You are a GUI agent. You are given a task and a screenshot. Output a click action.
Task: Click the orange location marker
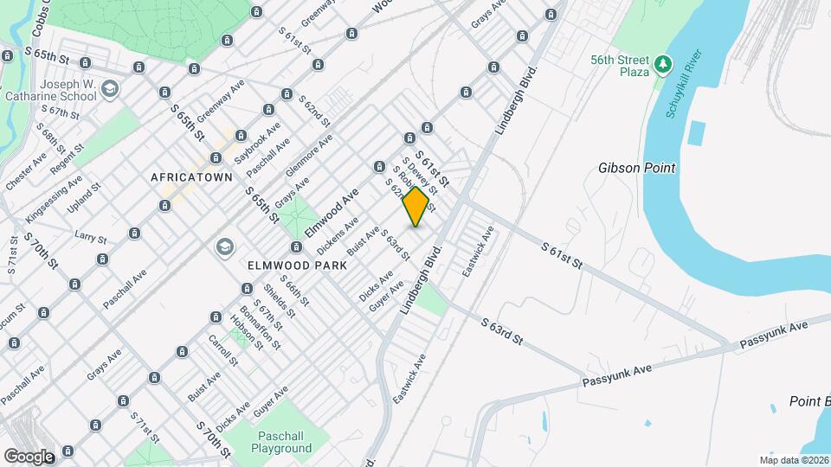pos(415,207)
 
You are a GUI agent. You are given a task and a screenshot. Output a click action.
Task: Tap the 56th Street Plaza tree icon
pos(663,63)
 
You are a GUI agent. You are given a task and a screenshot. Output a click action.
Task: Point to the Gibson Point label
pos(636,167)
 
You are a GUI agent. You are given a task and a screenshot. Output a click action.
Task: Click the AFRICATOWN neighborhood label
pos(191,177)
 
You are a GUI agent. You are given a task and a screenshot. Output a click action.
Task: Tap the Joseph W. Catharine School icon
pos(110,88)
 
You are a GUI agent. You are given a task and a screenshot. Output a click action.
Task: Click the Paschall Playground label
pos(281,442)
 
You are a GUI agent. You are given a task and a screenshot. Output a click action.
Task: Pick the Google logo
pos(29,456)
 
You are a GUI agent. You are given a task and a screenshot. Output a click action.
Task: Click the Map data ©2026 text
pos(793,459)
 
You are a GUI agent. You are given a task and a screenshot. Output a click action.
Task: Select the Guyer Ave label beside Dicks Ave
pos(387,295)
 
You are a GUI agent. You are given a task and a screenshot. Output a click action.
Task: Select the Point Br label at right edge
pos(810,401)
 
